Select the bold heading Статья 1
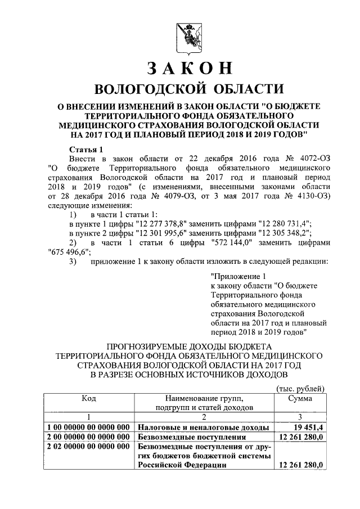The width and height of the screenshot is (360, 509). click(x=85, y=150)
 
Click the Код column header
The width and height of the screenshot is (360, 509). click(x=88, y=398)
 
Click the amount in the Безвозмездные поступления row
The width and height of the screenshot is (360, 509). click(x=302, y=437)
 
